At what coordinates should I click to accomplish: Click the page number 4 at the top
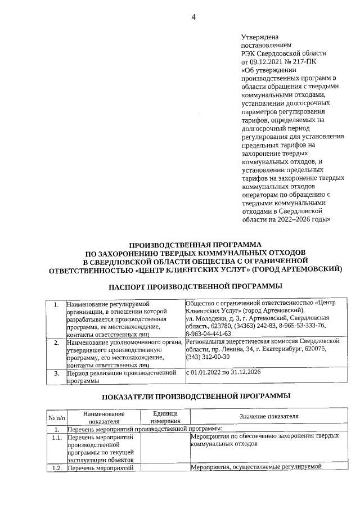193,17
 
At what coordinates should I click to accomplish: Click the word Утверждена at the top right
260,37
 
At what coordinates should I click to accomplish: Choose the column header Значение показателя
268,416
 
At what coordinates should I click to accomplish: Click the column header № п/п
56,417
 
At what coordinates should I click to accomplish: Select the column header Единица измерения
165,417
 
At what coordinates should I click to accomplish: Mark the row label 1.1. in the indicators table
56,436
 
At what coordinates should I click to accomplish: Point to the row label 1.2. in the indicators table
56,467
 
